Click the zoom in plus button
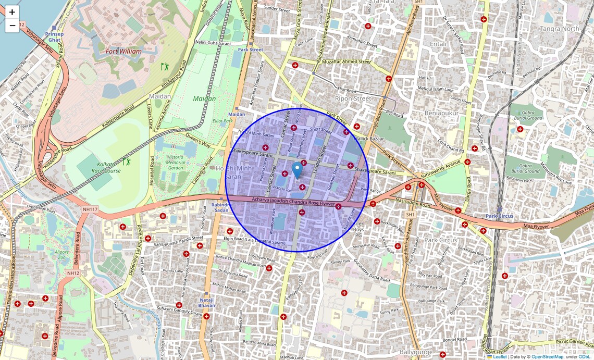(12, 12)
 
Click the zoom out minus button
(12, 25)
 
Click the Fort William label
(123, 52)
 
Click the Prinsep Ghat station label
(55, 36)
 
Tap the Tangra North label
(560, 29)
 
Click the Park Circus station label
(499, 216)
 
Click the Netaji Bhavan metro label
(207, 303)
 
